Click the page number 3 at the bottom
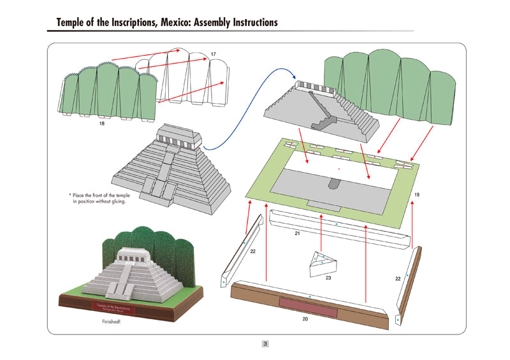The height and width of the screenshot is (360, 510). tap(265, 344)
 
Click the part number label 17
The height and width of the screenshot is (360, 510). tap(213, 54)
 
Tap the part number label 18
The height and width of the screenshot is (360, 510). tap(102, 124)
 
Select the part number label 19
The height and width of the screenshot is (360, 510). tap(416, 194)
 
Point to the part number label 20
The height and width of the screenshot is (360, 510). tap(305, 319)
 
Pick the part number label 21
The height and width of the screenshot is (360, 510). tap(297, 234)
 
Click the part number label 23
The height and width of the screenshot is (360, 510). tap(328, 278)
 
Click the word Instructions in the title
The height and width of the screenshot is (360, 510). tap(252, 22)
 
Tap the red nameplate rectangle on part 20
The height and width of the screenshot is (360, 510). tap(307, 306)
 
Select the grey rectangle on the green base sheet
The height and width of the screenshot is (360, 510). tap(331, 188)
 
